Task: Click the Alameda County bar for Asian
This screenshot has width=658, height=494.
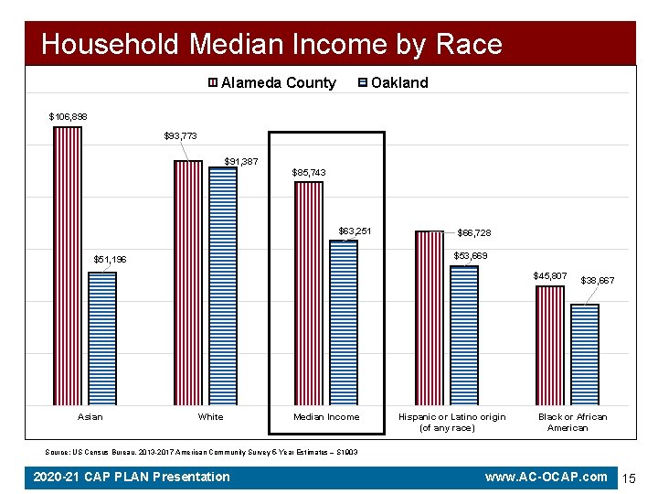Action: coord(68,265)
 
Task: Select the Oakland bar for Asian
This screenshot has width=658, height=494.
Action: coord(102,338)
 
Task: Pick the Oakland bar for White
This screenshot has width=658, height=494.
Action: coord(223,285)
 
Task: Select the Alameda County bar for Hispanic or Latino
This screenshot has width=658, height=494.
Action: coord(429,317)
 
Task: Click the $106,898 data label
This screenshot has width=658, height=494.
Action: coord(68,116)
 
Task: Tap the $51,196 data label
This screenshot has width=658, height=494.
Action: coord(111,260)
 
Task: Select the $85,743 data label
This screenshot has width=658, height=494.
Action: coord(308,172)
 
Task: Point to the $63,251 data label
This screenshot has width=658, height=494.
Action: coord(355,231)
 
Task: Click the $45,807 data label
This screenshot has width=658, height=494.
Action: coord(550,275)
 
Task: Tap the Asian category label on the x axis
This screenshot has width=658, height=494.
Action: coord(90,417)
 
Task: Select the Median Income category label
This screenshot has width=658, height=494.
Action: coord(326,417)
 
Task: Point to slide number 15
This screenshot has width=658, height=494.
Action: coord(629,478)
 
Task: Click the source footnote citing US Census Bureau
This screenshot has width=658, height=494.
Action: coord(201,452)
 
